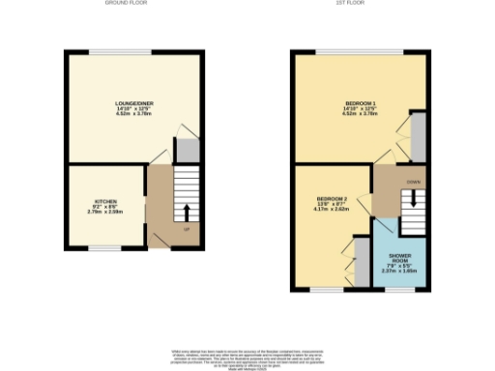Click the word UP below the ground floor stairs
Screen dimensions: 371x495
click(187, 230)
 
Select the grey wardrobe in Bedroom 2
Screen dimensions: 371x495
click(361, 259)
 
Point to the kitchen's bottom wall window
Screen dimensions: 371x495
click(105, 249)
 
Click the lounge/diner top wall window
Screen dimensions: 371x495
click(132, 50)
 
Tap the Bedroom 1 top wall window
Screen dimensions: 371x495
click(360, 50)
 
